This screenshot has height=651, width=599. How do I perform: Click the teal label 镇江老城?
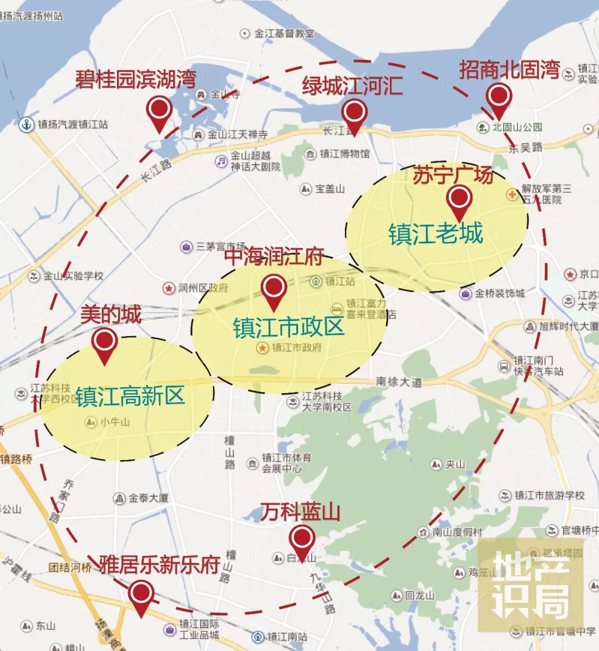[436, 233]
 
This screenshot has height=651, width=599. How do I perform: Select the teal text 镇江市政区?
[288, 327]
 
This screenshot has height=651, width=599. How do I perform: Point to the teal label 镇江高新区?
[130, 397]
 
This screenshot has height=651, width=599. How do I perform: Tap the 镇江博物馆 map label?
[344, 154]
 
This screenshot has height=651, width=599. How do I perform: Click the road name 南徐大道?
[399, 382]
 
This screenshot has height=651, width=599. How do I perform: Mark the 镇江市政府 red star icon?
[262, 348]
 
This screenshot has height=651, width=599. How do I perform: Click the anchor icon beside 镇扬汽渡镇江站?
[26, 124]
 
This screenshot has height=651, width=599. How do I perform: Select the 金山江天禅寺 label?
[237, 135]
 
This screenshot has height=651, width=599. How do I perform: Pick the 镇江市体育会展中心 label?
[286, 463]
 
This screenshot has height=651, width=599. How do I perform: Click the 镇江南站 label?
[287, 637]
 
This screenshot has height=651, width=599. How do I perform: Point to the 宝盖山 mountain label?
[329, 189]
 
